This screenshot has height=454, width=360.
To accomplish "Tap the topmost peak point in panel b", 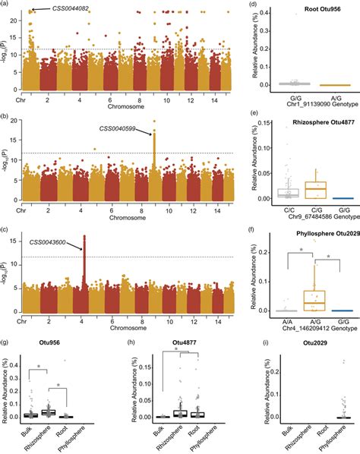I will pos(154,121).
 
